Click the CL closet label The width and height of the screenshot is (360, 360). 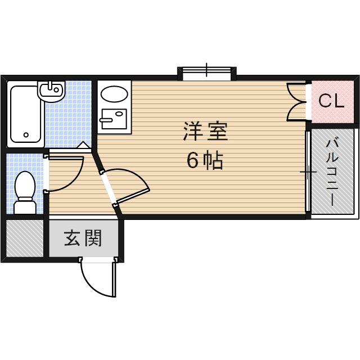[331, 101]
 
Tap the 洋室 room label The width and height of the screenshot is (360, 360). [205, 133]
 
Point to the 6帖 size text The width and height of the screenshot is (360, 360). [205, 161]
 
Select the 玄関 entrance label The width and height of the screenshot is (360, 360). [83, 238]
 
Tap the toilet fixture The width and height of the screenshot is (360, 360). [25, 191]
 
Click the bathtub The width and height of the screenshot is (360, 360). [26, 114]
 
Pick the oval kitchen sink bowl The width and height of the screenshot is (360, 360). [115, 94]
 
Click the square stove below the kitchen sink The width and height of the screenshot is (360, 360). [114, 119]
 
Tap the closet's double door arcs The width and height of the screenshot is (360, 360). [296, 101]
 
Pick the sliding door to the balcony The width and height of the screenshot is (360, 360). [308, 172]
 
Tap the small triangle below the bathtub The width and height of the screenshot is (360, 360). [83, 145]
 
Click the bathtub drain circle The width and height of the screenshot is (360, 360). [26, 135]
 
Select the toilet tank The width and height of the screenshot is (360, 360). [24, 206]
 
